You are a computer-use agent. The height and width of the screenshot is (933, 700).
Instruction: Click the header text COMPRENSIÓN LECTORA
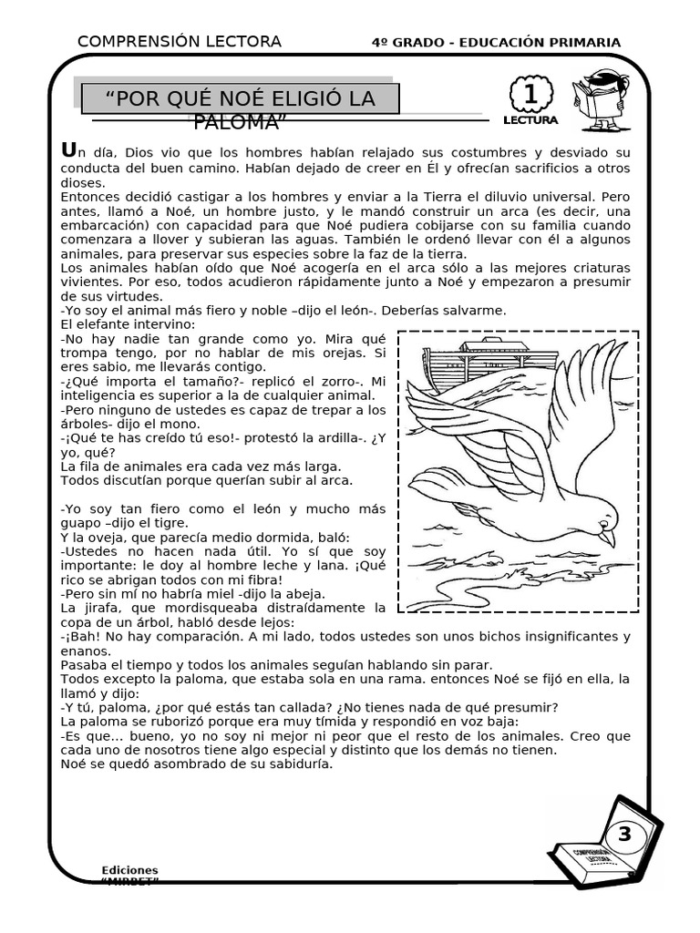click(180, 42)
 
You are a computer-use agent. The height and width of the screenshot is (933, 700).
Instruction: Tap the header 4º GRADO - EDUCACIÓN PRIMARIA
click(497, 43)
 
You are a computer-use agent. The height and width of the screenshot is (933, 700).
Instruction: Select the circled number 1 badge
click(530, 95)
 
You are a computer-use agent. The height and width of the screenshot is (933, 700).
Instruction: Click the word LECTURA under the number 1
click(530, 119)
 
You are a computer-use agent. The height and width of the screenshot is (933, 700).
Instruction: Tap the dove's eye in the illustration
click(602, 520)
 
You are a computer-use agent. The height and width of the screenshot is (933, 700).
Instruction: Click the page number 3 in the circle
click(624, 834)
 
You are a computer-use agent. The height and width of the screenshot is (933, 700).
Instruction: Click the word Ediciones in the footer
click(129, 870)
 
